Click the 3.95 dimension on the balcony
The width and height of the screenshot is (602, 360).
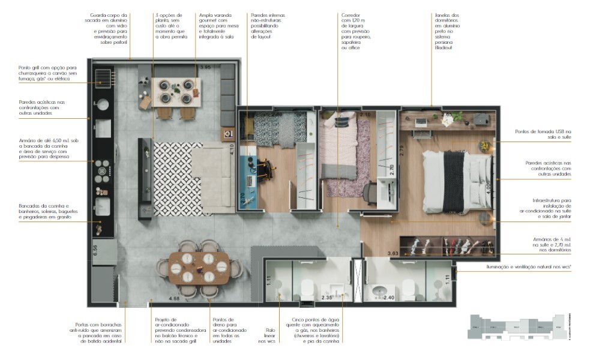(206, 67)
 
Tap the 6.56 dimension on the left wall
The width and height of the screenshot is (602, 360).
(95, 250)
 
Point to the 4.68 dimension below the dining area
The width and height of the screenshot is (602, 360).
(174, 298)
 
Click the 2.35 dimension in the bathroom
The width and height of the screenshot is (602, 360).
(327, 297)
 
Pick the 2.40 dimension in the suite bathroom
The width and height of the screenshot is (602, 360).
(388, 297)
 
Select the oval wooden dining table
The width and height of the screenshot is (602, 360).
(199, 268)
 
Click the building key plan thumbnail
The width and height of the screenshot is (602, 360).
(516, 328)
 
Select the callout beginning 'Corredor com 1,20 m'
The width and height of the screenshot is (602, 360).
(356, 31)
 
